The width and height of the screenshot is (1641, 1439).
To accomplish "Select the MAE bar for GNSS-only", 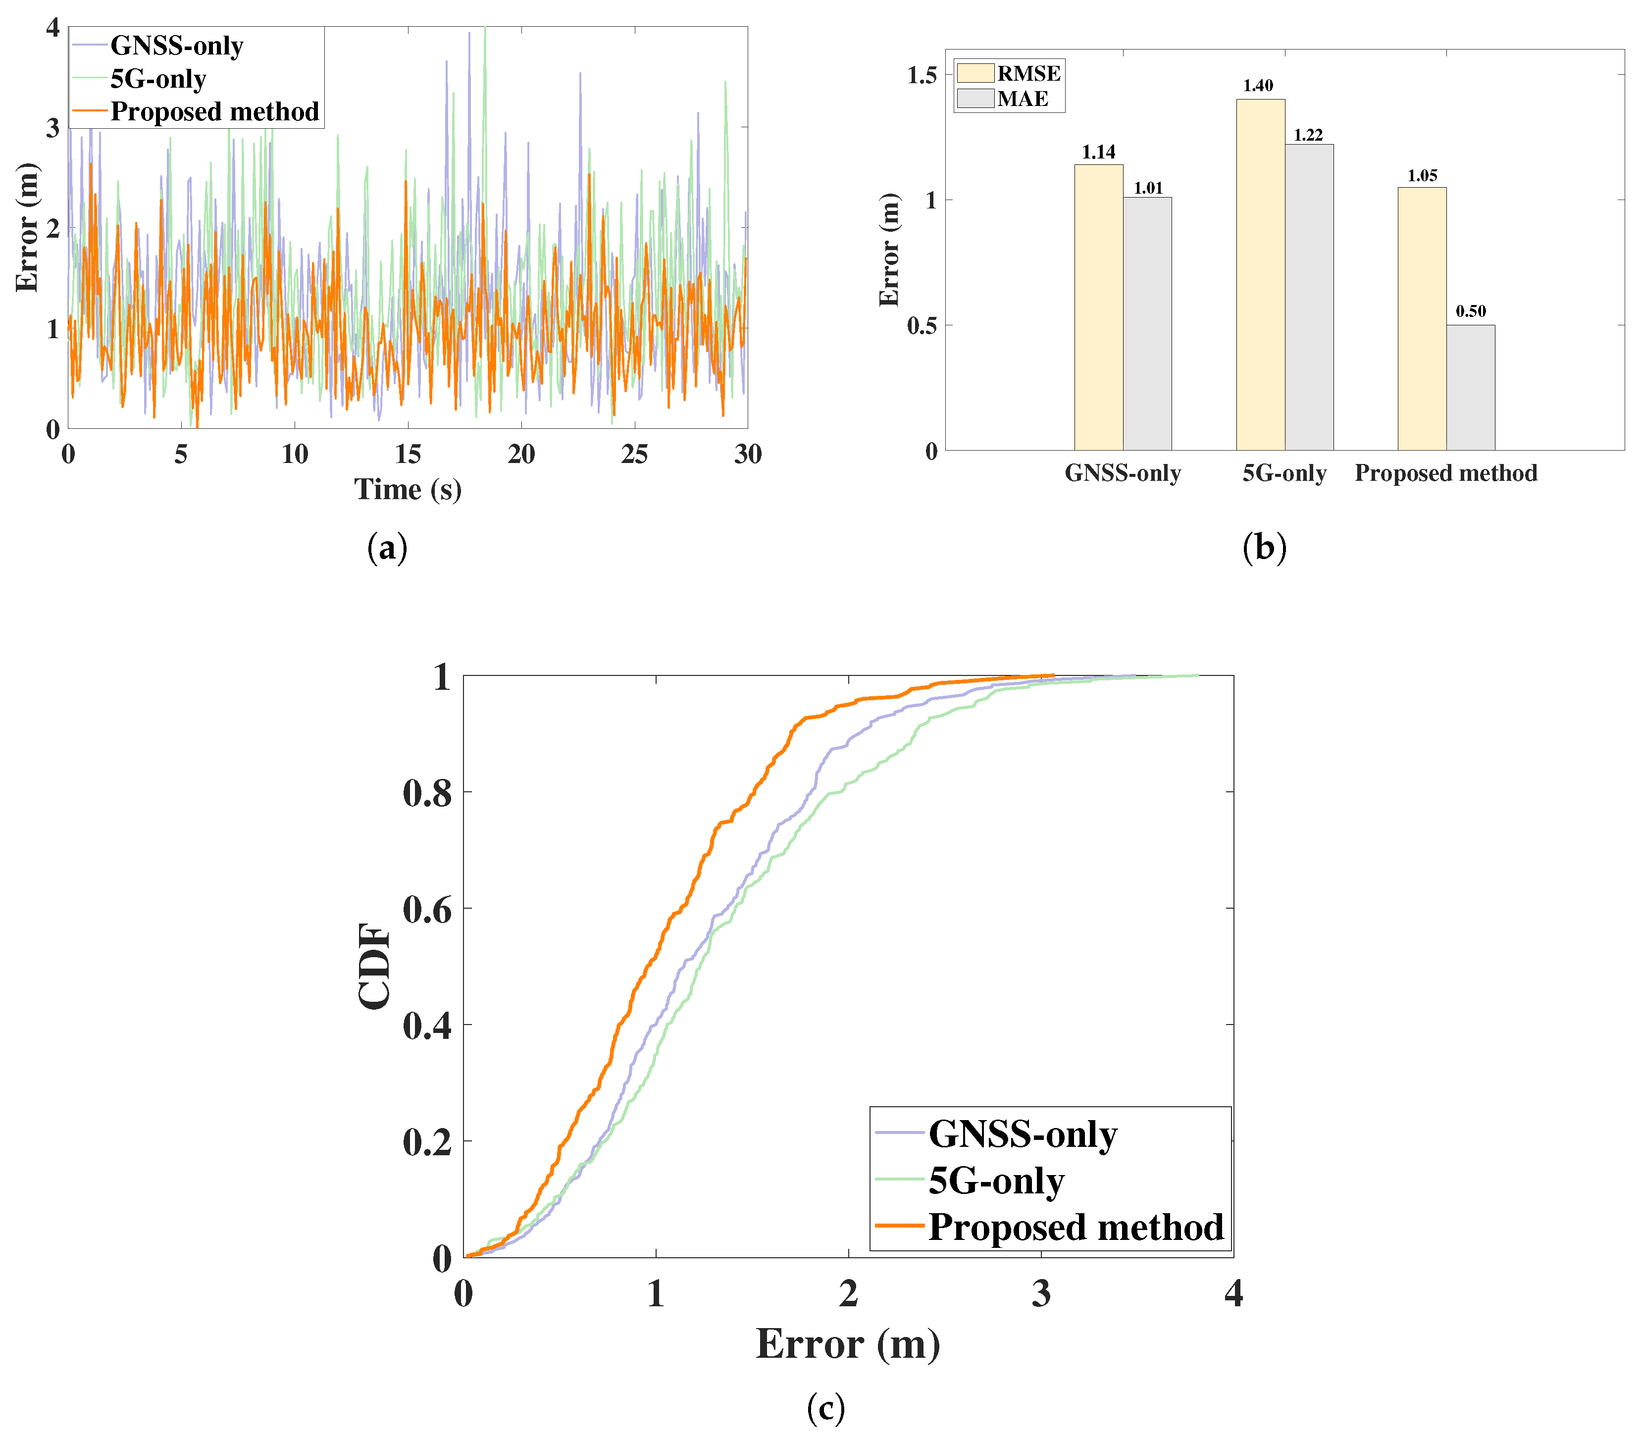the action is pos(1147,324).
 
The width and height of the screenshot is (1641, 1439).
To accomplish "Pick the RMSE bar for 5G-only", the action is pos(1260,275).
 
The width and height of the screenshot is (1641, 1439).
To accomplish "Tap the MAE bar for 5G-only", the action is pos(1309,297).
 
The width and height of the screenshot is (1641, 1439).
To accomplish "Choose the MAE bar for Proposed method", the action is pos(1471,388).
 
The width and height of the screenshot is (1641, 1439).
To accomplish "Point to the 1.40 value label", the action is pos(1258,86).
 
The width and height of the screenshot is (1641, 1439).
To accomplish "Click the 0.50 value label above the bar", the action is pos(1471,311).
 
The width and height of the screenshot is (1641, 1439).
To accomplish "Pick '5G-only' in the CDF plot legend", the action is pos(970,1181).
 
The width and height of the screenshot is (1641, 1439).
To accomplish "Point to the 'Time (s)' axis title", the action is pos(408,489).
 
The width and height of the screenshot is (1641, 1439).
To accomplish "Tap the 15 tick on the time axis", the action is pos(408,455).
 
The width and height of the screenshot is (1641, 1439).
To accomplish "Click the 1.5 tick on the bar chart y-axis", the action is pos(921,75).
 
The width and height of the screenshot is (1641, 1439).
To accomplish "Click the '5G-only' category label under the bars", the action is pos(1284,473).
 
